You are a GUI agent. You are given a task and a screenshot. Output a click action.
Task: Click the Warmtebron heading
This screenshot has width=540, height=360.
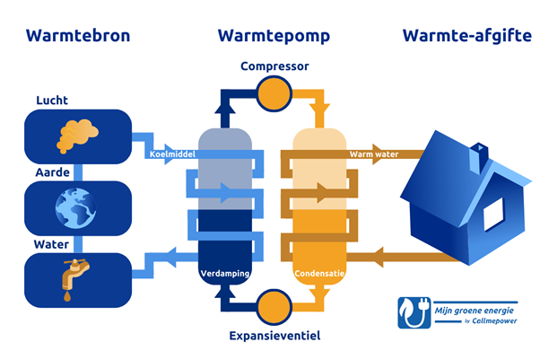(x=78, y=36)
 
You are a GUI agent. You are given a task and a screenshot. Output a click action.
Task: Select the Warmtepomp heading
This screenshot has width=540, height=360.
(x=273, y=36)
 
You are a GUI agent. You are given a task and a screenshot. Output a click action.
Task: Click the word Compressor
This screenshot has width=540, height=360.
(x=274, y=66)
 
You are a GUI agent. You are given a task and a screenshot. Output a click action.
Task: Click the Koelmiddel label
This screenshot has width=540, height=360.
(x=172, y=154)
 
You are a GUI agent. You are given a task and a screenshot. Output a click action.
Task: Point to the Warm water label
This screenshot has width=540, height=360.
(x=373, y=154)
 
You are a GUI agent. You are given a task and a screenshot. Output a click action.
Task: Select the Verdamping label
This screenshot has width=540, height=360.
(x=223, y=272)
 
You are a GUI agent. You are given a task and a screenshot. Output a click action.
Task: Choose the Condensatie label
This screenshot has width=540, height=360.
(x=319, y=272)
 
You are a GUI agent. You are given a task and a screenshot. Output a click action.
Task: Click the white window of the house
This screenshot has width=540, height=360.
(x=494, y=214)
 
